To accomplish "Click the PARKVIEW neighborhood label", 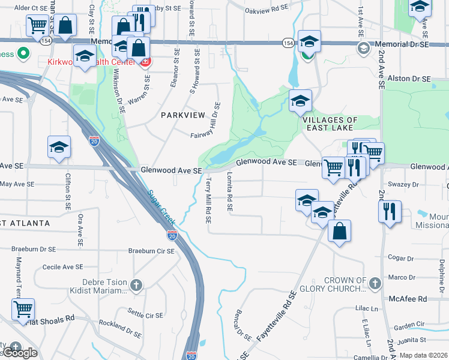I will click(182, 115).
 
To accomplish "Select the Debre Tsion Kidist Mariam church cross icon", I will click(137, 284).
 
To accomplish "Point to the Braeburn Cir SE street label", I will click(151, 251).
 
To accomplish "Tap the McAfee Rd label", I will click(414, 298).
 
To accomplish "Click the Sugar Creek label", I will click(159, 207).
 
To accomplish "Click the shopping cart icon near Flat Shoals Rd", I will click(23, 309).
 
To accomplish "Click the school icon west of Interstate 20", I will click(59, 148).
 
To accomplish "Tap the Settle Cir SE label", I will click(145, 313).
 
